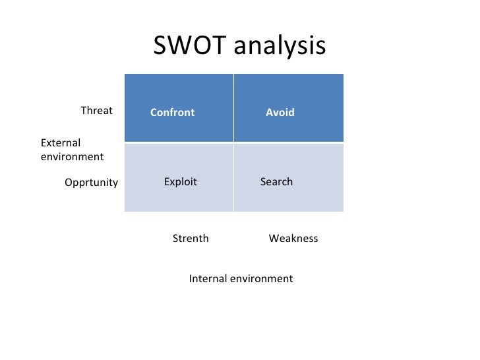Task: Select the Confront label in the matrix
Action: tap(172, 113)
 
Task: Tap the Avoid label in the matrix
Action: tap(280, 113)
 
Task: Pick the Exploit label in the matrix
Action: tap(180, 182)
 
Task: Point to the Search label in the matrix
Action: tap(276, 182)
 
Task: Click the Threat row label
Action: tap(96, 111)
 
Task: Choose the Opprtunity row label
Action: tap(91, 183)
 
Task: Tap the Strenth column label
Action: tap(191, 239)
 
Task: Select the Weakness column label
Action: tap(293, 239)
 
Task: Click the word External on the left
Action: tap(61, 143)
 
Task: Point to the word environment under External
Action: tap(72, 157)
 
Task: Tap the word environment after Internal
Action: tap(260, 279)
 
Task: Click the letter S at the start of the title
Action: tap(160, 46)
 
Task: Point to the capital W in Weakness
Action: tap(274, 239)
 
